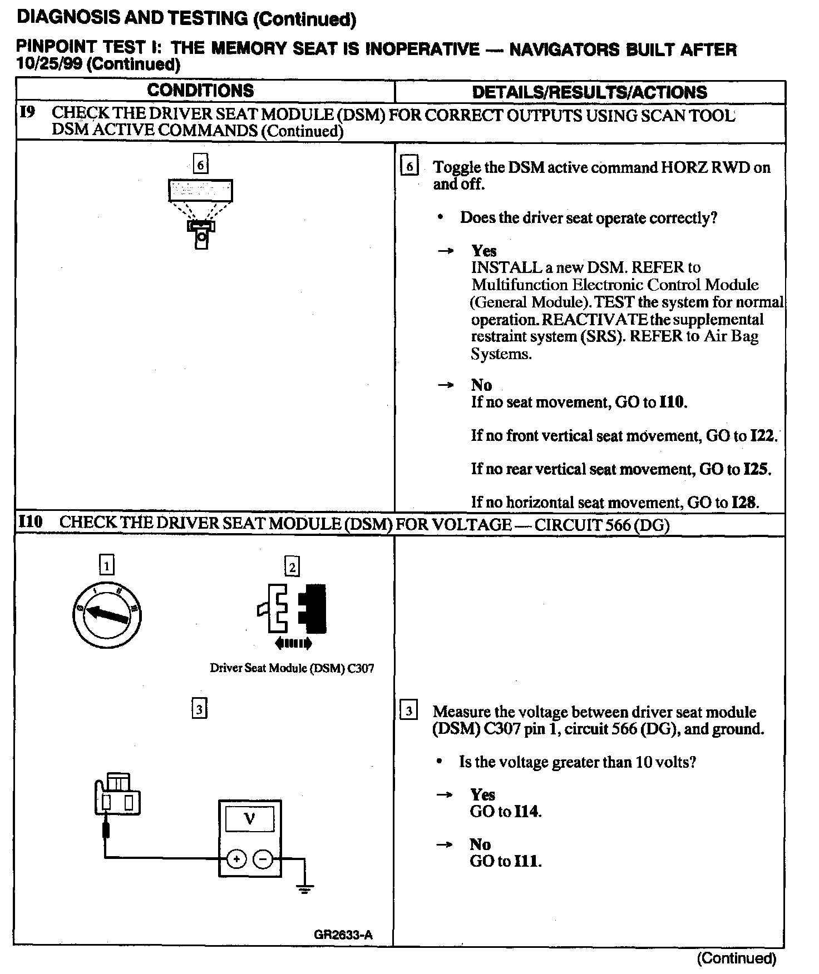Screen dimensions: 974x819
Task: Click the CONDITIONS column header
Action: [200, 91]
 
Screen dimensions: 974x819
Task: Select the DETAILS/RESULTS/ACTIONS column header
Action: [589, 92]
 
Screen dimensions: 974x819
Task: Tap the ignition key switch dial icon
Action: [106, 614]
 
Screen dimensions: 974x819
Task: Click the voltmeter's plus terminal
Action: [236, 859]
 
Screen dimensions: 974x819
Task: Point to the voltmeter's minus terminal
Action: [263, 859]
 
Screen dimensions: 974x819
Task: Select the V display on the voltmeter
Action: [249, 819]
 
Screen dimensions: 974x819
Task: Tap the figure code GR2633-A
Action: [343, 935]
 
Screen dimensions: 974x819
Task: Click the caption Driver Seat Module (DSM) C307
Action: [292, 668]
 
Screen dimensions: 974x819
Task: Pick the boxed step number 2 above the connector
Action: [292, 566]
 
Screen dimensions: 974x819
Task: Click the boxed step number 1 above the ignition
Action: [106, 565]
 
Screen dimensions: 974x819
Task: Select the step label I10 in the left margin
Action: [30, 523]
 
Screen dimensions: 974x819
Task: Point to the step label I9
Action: [28, 113]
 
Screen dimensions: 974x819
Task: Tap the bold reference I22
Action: [762, 435]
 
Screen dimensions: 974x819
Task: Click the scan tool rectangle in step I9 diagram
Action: [200, 191]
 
